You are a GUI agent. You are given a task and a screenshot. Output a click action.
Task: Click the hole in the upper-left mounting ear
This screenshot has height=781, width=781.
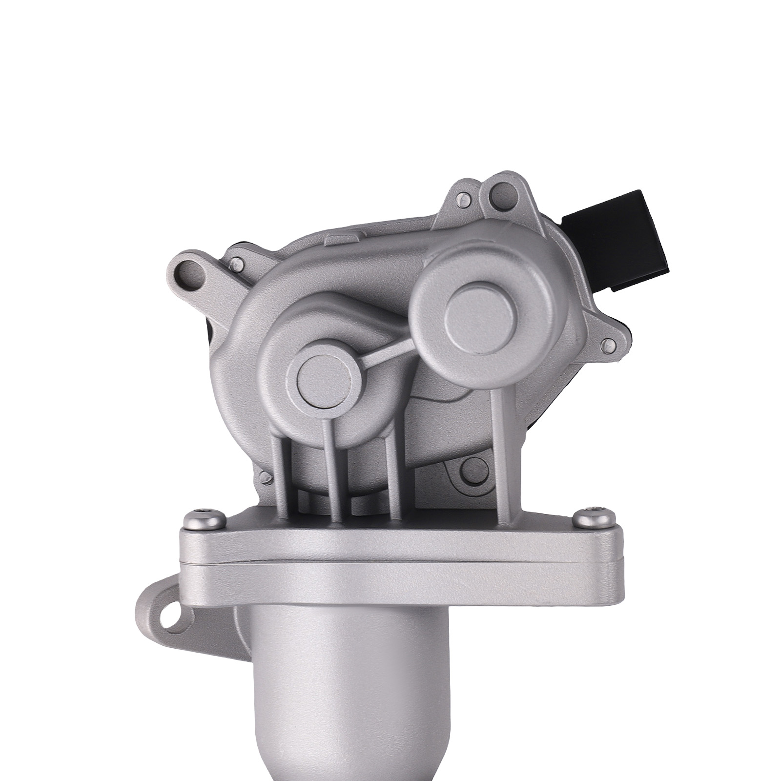tap(187, 269)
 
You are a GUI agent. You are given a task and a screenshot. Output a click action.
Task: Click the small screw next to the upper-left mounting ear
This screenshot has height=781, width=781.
tap(237, 264)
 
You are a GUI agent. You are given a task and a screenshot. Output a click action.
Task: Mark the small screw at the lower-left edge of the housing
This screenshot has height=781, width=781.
tap(266, 476)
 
